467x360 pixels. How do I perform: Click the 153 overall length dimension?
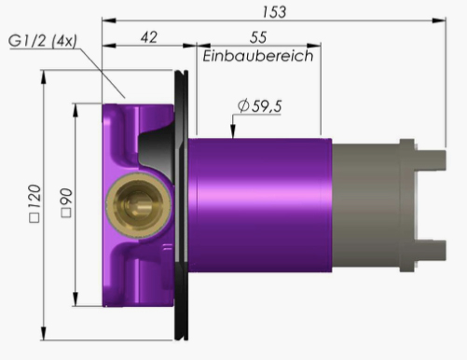pyautogui.click(x=274, y=12)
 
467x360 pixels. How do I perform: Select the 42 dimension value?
pyautogui.click(x=149, y=37)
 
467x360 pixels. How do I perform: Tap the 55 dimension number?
pyautogui.click(x=258, y=37)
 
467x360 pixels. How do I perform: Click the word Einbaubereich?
pyautogui.click(x=258, y=56)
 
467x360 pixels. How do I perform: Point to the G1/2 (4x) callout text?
pyautogui.click(x=43, y=41)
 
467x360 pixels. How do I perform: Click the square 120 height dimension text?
pyautogui.click(x=34, y=203)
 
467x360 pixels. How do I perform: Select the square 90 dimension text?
pyautogui.click(x=66, y=202)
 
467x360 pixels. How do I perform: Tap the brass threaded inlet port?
pyautogui.click(x=138, y=205)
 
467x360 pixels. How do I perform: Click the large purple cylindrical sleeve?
pyautogui.click(x=260, y=205)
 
